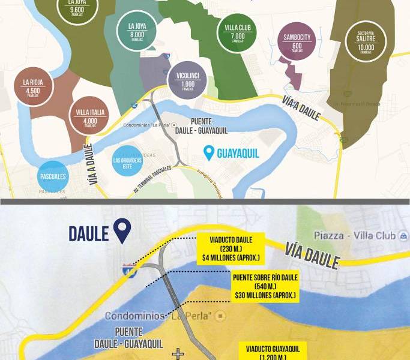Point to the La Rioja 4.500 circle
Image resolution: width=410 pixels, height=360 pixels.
(34, 87)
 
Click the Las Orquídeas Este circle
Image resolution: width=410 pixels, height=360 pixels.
(127, 161)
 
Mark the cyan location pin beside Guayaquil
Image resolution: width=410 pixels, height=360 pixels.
(208, 152)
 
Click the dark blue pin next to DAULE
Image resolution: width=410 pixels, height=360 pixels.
(123, 232)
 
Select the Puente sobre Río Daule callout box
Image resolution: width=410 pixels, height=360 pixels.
(264, 286)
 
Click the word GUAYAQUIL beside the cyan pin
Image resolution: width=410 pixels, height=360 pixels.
(239, 153)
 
